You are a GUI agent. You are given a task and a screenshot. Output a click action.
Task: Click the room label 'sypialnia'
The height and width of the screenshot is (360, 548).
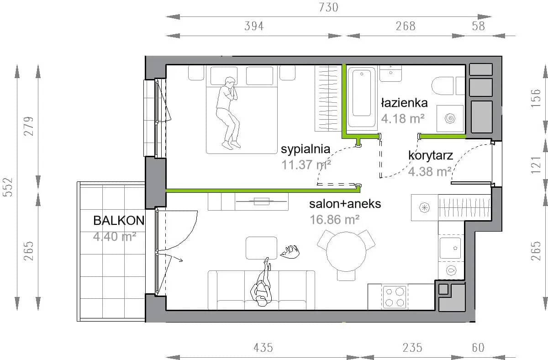[306, 149]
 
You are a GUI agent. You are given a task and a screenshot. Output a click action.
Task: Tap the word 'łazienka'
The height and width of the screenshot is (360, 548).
[405, 103]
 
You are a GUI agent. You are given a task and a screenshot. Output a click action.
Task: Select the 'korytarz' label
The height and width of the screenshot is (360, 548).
[431, 155]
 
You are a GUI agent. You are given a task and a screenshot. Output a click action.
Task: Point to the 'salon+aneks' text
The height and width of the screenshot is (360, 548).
[345, 204]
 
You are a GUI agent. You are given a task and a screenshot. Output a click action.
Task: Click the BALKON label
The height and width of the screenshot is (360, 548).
[119, 221]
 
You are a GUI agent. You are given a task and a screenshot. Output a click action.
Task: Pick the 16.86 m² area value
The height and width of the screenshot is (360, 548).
[334, 220]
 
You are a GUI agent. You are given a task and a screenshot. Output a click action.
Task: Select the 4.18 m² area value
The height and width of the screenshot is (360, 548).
[403, 119]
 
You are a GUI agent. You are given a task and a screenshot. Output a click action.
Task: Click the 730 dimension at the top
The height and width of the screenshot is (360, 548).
[328, 7]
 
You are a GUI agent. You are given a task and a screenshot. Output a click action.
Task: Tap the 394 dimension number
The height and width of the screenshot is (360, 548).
[254, 26]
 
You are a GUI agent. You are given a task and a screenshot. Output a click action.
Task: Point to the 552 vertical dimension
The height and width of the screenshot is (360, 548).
[8, 187]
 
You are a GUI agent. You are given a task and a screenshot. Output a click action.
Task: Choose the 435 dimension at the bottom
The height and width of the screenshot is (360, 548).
[263, 348]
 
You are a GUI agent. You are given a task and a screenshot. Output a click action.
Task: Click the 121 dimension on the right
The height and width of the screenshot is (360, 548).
[536, 165]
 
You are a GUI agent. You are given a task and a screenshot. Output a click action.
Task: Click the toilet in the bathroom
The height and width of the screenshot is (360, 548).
[448, 86]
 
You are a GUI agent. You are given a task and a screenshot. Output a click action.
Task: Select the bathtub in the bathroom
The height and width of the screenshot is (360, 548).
[362, 97]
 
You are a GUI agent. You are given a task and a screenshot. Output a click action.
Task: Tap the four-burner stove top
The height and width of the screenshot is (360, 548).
[395, 297]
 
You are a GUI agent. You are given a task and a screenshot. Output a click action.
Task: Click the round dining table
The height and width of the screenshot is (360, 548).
[346, 252]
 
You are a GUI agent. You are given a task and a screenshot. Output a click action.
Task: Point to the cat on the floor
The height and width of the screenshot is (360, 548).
[290, 252]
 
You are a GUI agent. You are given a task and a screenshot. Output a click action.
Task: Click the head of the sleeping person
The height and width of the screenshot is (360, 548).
[230, 82]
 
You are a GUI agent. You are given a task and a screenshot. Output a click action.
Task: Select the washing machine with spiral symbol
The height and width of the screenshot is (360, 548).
[450, 118]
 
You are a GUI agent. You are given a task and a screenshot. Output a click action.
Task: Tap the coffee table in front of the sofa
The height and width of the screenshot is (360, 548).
[261, 248]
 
